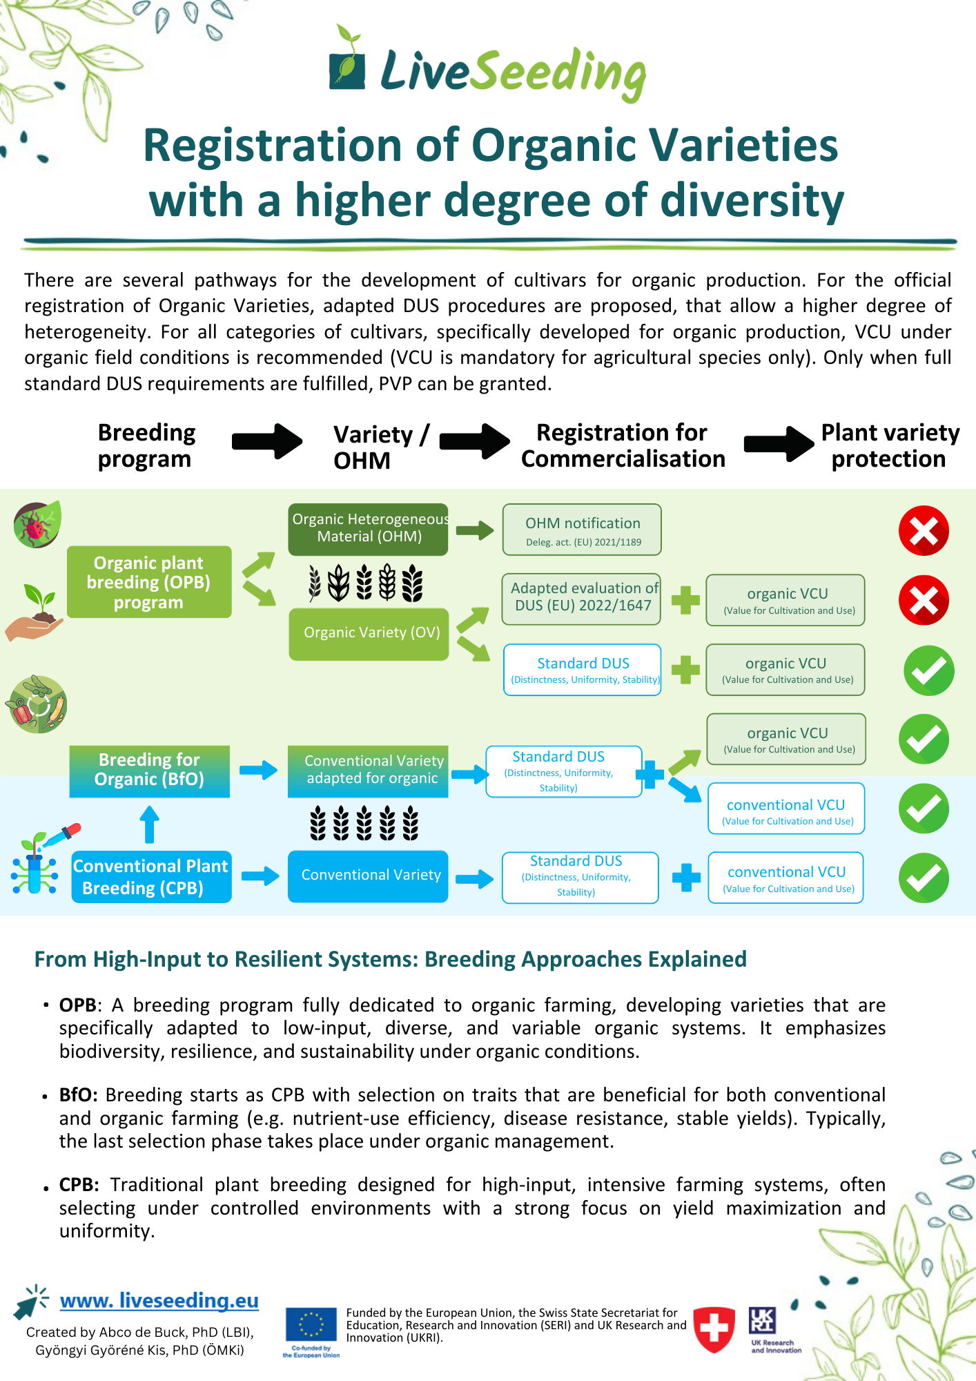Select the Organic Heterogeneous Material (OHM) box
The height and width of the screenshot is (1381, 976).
coord(369,529)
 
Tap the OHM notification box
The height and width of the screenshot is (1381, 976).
coord(582,530)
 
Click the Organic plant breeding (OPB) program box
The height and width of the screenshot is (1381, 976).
coord(149,582)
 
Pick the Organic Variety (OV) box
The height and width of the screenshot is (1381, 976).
coord(369,633)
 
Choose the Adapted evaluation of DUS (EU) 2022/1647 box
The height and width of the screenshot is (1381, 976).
coord(581,599)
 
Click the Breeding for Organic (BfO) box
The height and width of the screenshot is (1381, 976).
coord(150,771)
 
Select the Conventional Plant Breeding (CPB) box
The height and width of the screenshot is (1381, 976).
coord(151,877)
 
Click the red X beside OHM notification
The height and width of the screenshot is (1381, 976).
coord(924,531)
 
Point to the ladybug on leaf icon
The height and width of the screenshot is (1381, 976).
coord(37,525)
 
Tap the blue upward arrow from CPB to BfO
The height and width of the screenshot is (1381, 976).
coord(149,825)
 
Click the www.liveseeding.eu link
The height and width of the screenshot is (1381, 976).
coord(159,1301)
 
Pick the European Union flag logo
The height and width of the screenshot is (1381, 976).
coord(311,1326)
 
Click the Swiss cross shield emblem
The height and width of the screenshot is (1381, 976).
coord(714,1329)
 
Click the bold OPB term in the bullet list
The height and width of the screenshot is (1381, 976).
coord(77,1005)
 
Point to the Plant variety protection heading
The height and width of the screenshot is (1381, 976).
coord(890,445)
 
